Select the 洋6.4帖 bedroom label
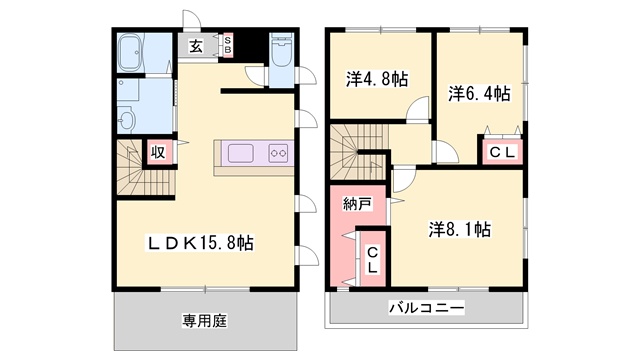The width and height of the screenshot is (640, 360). (x=479, y=94)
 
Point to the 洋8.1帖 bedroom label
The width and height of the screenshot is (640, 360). (x=459, y=229)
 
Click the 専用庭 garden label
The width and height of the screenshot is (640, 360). (x=205, y=321)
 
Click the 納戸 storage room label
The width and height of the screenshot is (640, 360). (x=357, y=204)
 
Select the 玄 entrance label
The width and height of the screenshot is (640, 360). (x=196, y=45)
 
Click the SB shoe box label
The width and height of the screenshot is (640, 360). (x=227, y=45)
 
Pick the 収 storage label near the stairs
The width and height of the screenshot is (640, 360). (x=158, y=152)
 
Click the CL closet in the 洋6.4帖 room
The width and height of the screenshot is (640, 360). (x=501, y=151)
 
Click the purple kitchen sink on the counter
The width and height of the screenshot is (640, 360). (x=243, y=154)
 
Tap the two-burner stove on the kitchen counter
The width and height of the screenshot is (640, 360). (x=277, y=154)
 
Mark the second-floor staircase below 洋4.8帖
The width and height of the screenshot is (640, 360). (x=351, y=149)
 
